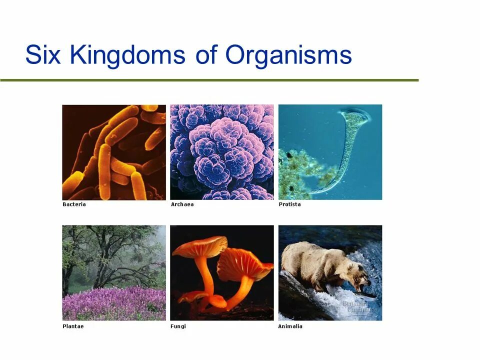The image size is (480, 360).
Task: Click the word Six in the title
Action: (x=43, y=55)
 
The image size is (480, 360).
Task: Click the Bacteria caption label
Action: (x=74, y=204)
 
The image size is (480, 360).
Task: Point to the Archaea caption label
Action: (x=182, y=204)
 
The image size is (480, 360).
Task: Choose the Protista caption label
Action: (x=289, y=204)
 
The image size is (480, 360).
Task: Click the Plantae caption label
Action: (x=73, y=326)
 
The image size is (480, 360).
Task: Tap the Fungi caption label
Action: (x=178, y=326)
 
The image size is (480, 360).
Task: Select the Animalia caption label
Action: (x=290, y=326)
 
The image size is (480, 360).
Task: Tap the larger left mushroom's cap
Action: (x=199, y=246)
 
